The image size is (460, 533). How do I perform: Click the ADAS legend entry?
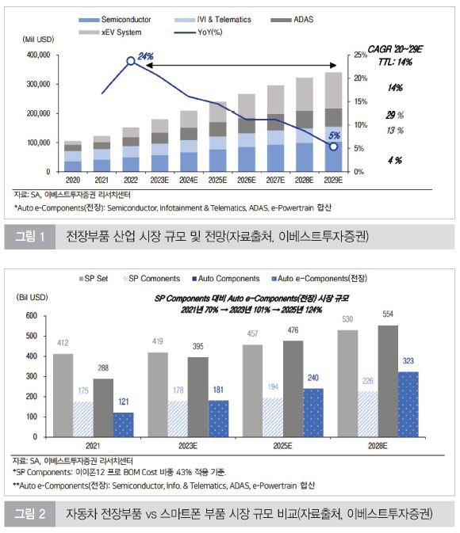tap(292, 20)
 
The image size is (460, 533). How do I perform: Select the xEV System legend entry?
tap(110, 32)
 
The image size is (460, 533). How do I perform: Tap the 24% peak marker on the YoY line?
tap(131, 61)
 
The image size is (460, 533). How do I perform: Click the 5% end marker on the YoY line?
tap(333, 147)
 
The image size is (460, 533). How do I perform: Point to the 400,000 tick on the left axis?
tap(38, 55)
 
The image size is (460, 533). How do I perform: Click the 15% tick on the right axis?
tap(361, 101)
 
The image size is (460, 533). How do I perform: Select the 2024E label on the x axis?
tap(188, 180)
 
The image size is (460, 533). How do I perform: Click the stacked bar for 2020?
tap(73, 156)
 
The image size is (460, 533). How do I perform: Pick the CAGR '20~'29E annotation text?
tap(395, 50)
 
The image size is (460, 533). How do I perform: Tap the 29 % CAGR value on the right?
tap(395, 116)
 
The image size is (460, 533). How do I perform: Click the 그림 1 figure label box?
tap(30, 237)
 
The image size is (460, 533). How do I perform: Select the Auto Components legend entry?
tap(226, 279)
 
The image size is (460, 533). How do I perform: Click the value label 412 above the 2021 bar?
tap(63, 343)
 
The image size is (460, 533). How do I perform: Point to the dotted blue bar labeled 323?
tap(408, 404)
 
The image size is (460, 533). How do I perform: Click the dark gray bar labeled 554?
tap(388, 381)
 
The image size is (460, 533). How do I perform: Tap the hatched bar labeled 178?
tap(178, 419)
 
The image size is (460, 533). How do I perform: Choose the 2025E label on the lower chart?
tap(282, 446)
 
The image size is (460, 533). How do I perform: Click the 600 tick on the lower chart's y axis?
tap(31, 316)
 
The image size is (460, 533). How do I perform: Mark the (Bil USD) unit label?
tap(32, 298)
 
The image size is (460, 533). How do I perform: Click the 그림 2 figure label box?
tap(30, 514)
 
